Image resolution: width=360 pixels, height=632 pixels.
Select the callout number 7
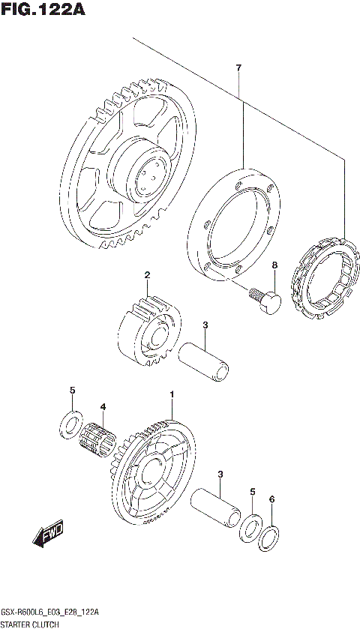pos(238,69)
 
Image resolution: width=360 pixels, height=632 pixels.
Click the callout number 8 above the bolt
pos(274,265)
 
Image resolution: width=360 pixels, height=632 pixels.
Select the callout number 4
pos(103,407)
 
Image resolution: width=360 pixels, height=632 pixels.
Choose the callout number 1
pos(172,394)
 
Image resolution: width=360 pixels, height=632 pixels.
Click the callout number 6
pos(272,499)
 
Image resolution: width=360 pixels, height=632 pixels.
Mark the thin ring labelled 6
pos(271,538)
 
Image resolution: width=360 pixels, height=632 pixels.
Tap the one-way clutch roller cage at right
pos(322,277)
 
